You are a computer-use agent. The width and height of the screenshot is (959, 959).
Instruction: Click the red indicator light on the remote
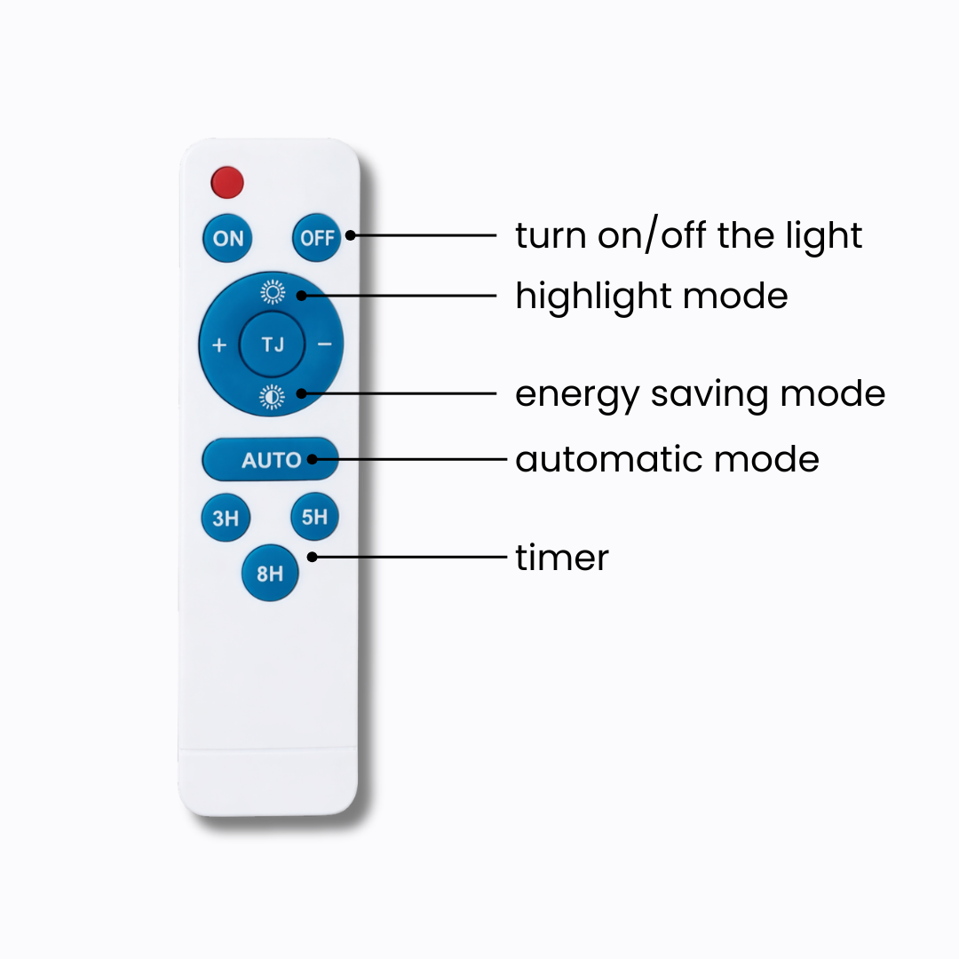(227, 182)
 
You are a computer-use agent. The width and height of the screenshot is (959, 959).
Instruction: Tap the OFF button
(316, 237)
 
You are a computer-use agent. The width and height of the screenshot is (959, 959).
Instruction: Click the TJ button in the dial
(273, 345)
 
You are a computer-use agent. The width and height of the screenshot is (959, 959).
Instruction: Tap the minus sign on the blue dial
(324, 345)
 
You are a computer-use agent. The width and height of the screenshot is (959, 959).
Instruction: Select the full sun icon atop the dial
(273, 292)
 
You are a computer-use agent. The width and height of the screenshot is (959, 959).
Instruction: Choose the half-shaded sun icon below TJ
(273, 397)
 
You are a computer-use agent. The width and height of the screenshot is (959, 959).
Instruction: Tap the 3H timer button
(226, 518)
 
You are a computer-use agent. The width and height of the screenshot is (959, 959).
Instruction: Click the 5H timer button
(314, 516)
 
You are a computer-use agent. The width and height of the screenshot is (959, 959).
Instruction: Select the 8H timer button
(270, 574)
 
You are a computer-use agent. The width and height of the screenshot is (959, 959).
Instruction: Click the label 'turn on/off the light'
(688, 236)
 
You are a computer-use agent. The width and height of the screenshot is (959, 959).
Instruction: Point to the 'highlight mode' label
(651, 296)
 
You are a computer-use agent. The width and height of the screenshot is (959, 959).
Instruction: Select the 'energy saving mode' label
(700, 393)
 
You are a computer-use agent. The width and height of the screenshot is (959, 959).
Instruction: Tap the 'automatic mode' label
(667, 460)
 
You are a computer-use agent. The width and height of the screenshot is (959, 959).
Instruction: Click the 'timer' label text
(562, 559)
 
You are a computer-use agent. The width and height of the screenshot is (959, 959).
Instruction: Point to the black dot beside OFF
(351, 235)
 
